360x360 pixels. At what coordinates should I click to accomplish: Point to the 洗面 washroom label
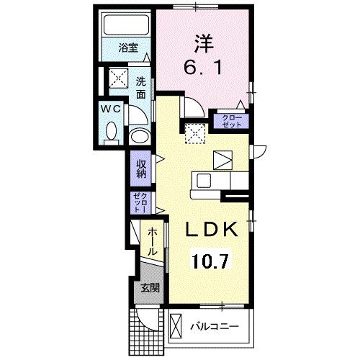[x=142, y=87]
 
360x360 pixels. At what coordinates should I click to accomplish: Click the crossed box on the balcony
[x=176, y=326]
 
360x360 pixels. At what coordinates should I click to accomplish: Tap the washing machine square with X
[x=117, y=78]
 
